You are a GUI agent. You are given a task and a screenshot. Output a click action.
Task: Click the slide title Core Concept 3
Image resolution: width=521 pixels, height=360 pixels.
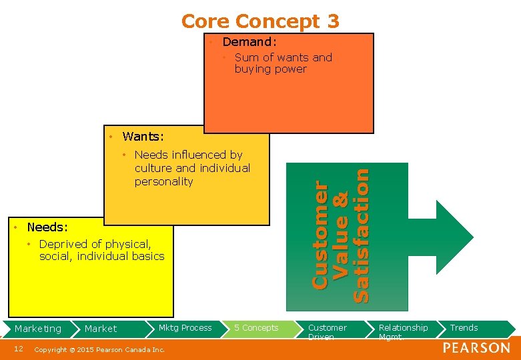click(x=260, y=21)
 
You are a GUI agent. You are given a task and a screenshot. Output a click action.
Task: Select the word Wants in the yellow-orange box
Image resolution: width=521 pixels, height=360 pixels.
click(x=141, y=137)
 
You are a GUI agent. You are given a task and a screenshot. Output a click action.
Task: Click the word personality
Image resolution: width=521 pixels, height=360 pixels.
click(x=163, y=181)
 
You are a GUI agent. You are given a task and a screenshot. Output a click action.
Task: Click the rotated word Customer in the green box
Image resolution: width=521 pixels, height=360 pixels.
click(x=320, y=237)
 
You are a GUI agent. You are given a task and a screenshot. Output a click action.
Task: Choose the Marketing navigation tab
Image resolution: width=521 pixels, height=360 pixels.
click(x=38, y=329)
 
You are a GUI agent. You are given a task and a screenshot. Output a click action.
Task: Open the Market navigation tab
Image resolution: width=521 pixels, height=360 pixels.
click(x=101, y=329)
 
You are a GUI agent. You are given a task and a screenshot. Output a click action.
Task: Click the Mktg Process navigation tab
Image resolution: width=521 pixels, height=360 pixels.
click(x=185, y=328)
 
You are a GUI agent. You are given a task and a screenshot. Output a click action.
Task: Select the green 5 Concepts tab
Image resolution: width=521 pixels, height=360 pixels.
click(x=256, y=328)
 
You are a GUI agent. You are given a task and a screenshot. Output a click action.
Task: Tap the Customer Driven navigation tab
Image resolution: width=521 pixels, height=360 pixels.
click(x=327, y=331)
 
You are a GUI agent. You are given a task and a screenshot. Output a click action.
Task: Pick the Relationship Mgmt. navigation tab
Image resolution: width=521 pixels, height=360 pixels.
click(x=403, y=331)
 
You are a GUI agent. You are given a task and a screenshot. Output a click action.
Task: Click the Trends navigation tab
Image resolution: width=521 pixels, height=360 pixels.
click(x=464, y=328)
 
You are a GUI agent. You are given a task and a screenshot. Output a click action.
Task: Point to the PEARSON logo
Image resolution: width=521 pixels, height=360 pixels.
click(x=476, y=348)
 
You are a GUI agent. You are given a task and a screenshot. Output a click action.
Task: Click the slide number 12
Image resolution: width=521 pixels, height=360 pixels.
click(x=19, y=349)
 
